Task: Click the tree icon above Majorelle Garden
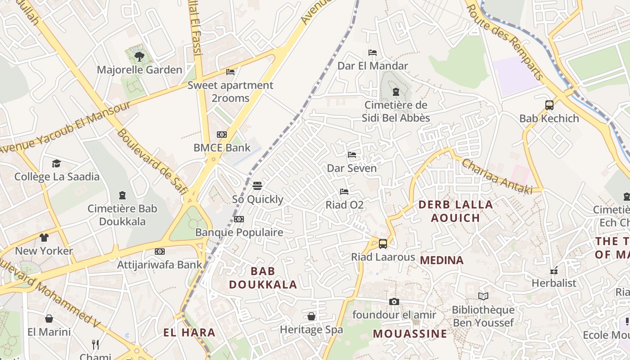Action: click(139, 57)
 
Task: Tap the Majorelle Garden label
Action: click(139, 70)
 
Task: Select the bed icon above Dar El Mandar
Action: click(373, 53)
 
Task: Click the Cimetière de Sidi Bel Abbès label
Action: click(396, 112)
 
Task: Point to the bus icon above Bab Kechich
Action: click(549, 105)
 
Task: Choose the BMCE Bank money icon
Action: click(222, 135)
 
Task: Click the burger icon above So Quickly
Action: click(257, 186)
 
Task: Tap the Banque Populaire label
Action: click(239, 232)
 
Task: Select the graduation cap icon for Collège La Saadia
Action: click(56, 163)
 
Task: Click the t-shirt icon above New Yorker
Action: click(44, 238)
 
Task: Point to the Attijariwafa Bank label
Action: click(160, 265)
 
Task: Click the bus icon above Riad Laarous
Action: click(383, 244)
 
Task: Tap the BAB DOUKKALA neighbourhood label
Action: click(263, 278)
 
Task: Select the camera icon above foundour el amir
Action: click(394, 301)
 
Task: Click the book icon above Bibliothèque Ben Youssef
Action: click(483, 297)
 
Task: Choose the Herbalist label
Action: click(553, 283)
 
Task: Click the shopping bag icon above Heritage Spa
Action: click(311, 316)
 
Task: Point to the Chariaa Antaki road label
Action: click(497, 176)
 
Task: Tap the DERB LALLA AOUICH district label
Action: click(455, 211)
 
